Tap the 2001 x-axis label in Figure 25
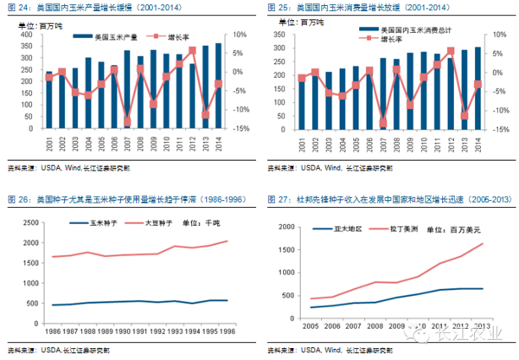pyautogui.click(x=301, y=141)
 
